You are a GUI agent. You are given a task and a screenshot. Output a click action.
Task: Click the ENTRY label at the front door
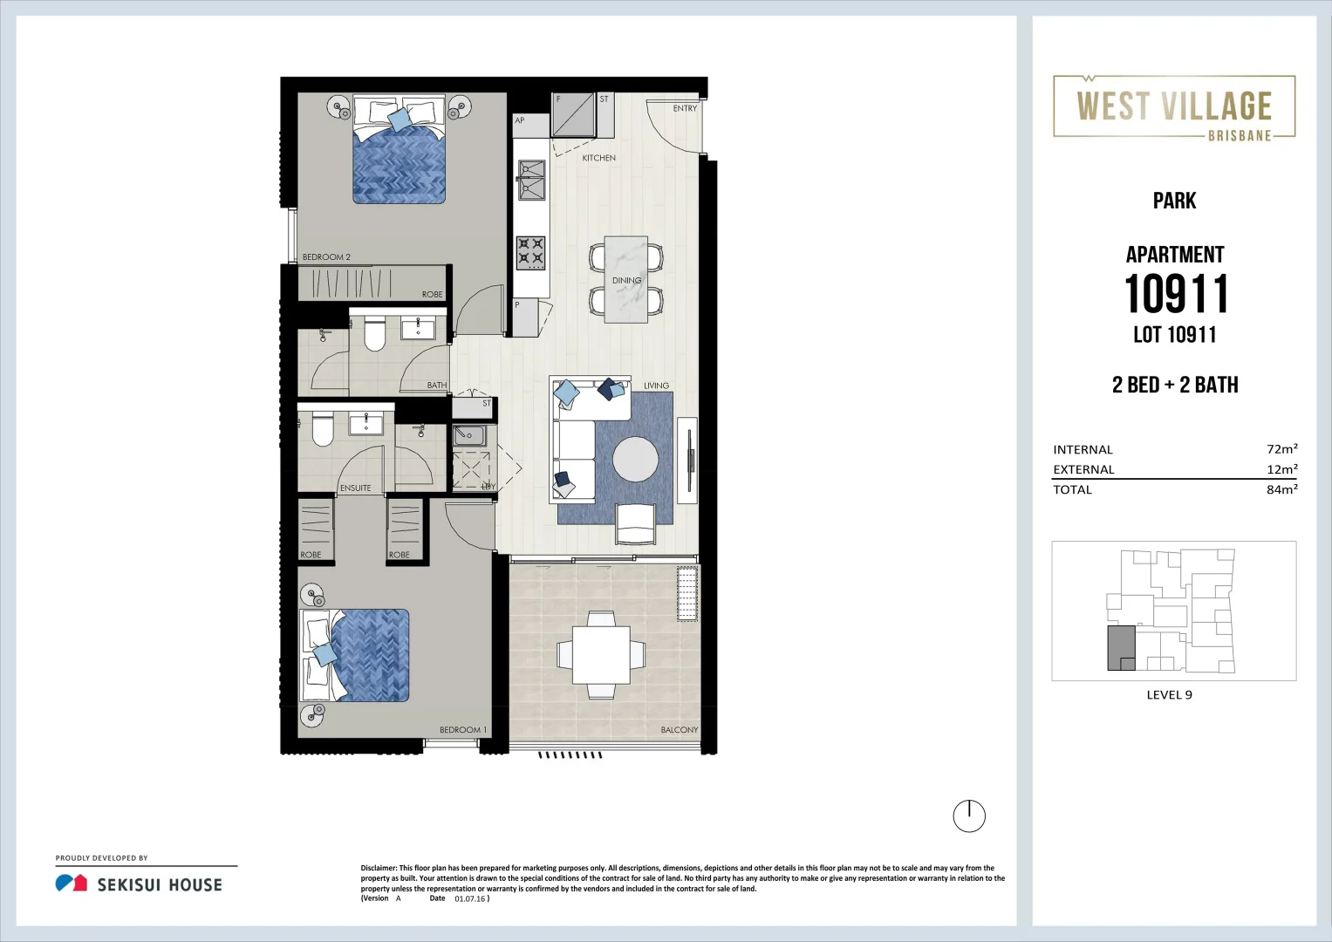click(x=685, y=109)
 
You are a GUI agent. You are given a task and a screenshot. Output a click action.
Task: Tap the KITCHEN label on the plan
click(x=598, y=158)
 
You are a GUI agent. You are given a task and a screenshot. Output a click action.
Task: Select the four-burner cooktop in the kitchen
click(x=530, y=253)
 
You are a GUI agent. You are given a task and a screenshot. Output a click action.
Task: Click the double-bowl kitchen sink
click(x=531, y=180)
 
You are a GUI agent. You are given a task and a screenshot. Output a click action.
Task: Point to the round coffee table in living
click(x=635, y=459)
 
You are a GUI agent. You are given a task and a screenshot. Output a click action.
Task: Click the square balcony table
click(x=601, y=655)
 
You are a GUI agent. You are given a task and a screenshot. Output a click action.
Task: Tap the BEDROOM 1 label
click(x=462, y=730)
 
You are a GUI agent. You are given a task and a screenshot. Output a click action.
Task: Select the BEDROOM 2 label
click(x=326, y=257)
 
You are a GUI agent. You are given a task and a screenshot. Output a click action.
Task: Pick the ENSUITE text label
click(x=355, y=488)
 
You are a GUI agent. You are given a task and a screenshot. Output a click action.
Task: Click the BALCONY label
click(x=679, y=730)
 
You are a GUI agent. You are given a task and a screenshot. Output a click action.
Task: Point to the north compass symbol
click(x=968, y=816)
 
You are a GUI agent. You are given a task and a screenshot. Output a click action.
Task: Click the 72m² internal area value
click(x=1281, y=449)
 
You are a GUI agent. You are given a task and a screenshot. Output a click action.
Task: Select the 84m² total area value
click(x=1281, y=490)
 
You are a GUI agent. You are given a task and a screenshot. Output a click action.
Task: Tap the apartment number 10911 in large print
click(x=1176, y=294)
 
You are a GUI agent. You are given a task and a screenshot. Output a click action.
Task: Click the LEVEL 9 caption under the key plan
click(x=1169, y=695)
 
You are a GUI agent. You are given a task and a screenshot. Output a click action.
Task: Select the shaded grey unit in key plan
click(x=1120, y=647)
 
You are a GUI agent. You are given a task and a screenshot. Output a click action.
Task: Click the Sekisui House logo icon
click(x=71, y=884)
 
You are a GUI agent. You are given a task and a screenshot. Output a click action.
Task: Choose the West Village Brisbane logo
click(x=1174, y=107)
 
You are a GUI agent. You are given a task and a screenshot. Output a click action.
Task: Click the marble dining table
click(x=626, y=279)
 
